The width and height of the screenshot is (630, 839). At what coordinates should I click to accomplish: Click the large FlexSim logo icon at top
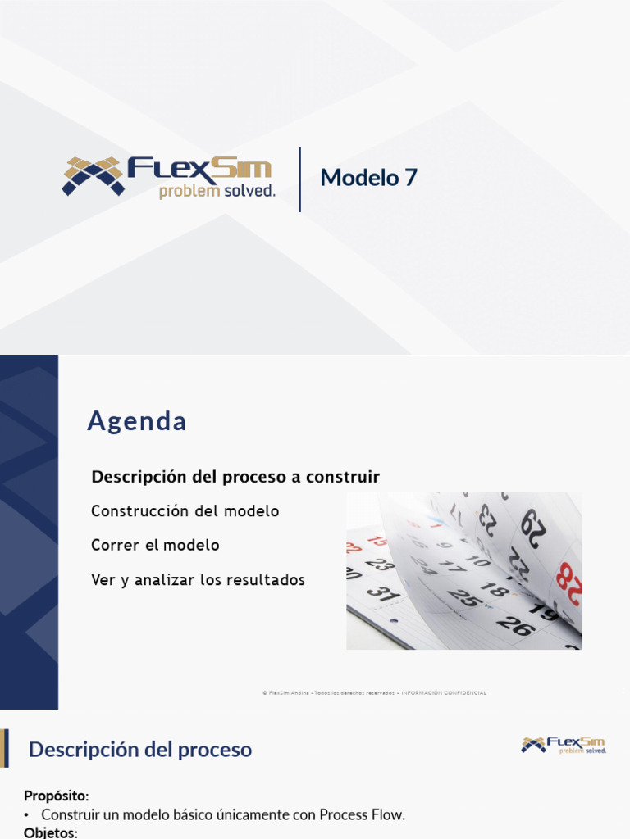click(x=93, y=175)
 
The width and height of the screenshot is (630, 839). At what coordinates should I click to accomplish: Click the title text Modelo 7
click(x=368, y=177)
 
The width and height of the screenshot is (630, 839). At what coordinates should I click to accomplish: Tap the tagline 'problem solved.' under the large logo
click(x=217, y=192)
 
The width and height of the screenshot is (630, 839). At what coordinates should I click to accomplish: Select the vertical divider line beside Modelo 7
click(x=300, y=179)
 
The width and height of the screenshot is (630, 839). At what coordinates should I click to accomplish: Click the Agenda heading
click(x=137, y=421)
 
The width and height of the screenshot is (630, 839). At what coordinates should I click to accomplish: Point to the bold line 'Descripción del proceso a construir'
click(x=235, y=477)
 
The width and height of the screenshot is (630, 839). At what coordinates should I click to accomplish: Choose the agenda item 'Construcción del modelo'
click(x=185, y=511)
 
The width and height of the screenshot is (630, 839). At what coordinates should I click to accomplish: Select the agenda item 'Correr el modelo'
click(x=156, y=545)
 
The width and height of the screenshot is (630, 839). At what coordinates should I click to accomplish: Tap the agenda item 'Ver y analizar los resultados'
click(x=199, y=580)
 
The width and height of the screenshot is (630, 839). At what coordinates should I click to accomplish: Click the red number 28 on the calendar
click(x=568, y=578)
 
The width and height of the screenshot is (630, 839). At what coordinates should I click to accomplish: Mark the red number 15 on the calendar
click(x=377, y=540)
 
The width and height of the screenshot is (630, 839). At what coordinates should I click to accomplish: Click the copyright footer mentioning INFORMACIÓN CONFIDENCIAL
click(x=375, y=693)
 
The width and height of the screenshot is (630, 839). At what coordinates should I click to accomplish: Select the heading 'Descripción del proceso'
click(x=140, y=750)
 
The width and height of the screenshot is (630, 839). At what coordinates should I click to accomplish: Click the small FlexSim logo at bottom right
click(x=564, y=745)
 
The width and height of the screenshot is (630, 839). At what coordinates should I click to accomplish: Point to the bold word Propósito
click(x=55, y=796)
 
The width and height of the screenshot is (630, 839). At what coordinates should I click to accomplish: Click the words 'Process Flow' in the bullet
click(x=361, y=815)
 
